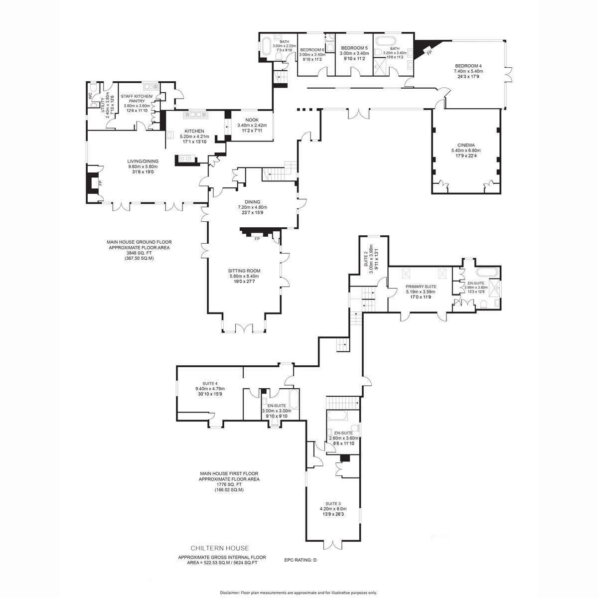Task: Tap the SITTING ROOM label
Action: coord(245,271)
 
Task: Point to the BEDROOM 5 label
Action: coord(354,48)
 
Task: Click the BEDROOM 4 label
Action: coord(468,66)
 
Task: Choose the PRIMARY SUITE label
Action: coord(421,287)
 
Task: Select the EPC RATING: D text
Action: coord(300,560)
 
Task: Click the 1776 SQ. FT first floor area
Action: coord(229,484)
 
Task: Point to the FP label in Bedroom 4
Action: coord(429,51)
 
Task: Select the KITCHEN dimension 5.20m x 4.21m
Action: coord(194,136)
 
